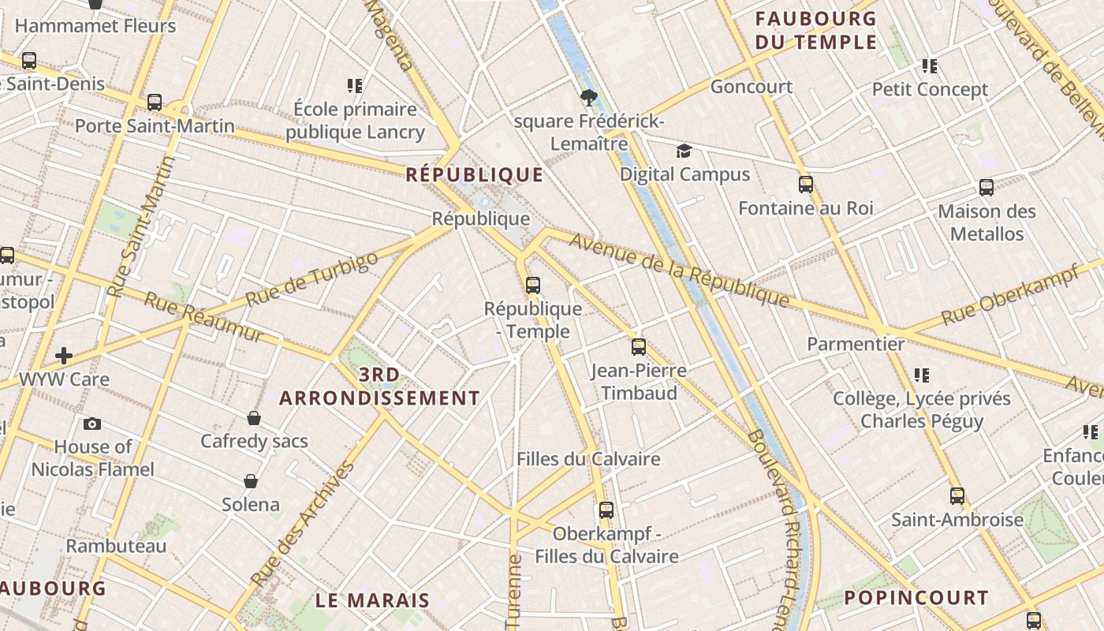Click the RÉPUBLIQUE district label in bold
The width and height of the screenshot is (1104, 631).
pos(475,175)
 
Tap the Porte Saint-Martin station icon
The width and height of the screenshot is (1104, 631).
pos(155,103)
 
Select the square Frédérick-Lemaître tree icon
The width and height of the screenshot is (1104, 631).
pos(587,98)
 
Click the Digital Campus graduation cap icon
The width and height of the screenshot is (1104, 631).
pos(684,151)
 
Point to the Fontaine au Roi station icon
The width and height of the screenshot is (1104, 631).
pos(805,185)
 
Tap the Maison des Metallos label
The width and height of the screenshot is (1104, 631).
pos(987,222)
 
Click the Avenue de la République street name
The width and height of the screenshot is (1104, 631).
pos(679,271)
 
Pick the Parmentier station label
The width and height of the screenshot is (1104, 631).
pos(856,344)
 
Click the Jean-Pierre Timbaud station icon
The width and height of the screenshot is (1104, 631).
pos(638,346)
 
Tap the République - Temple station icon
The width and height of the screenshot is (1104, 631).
pos(533,285)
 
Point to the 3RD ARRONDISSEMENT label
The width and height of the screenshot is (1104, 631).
pos(379,386)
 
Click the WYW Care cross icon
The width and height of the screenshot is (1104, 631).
pos(64,356)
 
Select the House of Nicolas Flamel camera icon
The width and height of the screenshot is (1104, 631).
pos(92,424)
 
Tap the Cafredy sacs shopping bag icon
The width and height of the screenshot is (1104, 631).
pos(254,417)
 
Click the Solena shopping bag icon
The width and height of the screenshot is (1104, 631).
pos(251,480)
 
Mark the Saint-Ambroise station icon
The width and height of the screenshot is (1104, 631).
pos(957,496)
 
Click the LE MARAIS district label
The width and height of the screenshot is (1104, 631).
pos(372,600)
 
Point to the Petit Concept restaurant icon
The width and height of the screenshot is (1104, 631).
pos(930,66)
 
